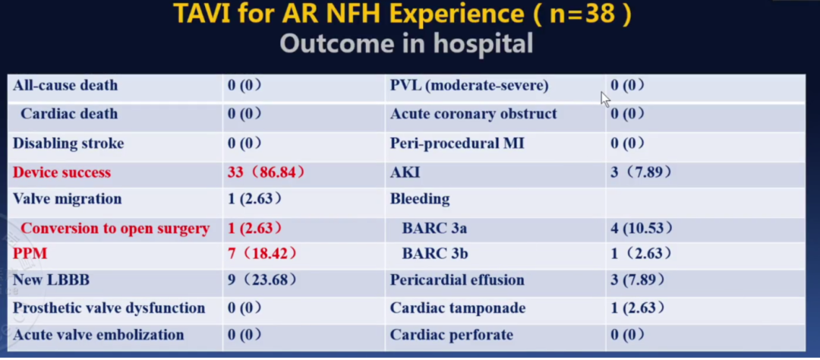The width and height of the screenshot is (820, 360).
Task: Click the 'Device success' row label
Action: click(61, 172)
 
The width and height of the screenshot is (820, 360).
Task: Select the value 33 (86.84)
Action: click(266, 172)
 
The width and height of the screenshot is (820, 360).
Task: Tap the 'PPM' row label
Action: click(30, 253)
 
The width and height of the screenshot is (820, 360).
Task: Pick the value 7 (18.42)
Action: click(261, 253)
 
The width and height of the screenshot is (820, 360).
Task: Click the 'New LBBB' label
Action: click(51, 280)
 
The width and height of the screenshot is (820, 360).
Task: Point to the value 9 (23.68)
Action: click(261, 280)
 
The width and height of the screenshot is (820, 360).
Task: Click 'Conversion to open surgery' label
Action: click(115, 228)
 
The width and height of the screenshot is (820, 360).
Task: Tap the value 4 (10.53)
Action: click(641, 228)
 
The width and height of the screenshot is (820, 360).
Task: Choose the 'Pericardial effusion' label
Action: click(457, 280)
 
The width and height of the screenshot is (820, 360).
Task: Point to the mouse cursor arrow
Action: click(605, 99)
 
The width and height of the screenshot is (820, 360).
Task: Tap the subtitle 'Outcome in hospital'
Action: click(405, 43)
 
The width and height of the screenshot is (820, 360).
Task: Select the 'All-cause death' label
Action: click(65, 85)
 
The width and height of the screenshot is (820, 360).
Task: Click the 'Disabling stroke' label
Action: click(68, 143)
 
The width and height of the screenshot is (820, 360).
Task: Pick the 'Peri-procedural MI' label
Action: click(457, 143)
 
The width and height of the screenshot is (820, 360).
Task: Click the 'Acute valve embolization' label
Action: click(98, 335)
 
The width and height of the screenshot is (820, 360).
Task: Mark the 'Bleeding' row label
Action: click(420, 199)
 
